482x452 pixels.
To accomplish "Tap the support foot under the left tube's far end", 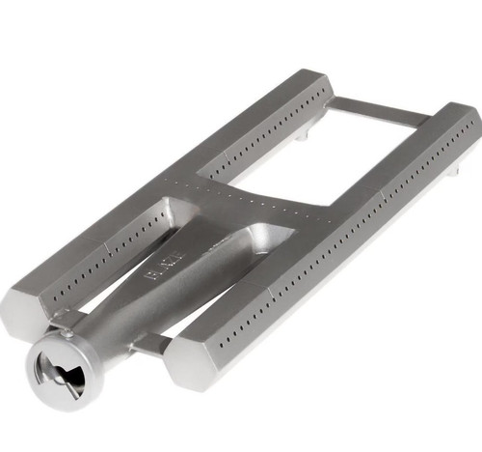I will click(302, 136).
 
